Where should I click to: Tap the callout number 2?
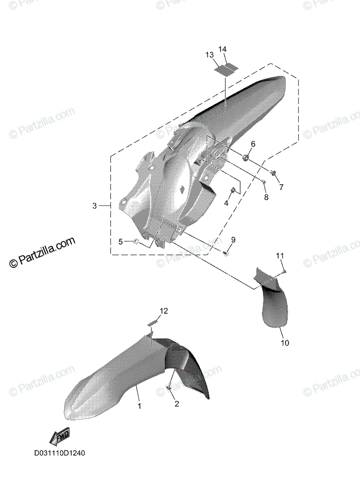177,403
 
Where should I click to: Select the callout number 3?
95,206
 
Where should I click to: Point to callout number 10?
285,343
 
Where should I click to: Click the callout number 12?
163,311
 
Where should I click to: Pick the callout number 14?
222,49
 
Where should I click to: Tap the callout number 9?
233,240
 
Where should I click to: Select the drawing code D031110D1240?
59,453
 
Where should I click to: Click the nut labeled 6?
246,157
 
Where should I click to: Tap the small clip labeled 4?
234,191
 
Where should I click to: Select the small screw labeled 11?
284,272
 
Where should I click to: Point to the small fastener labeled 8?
263,181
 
